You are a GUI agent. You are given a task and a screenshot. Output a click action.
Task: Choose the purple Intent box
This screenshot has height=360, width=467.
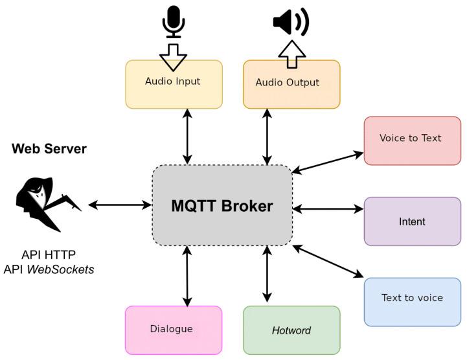pos(412,221)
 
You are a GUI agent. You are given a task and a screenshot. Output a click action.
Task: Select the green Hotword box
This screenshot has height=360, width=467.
pos(291,330)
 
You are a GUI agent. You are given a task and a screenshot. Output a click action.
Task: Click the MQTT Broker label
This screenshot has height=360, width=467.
pos(222,206)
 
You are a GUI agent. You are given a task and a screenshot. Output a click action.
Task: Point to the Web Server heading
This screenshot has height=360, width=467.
pos(49,150)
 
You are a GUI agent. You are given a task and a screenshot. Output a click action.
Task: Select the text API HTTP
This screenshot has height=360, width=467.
pos(49,254)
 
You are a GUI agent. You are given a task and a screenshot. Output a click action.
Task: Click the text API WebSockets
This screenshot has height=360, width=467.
pos(49,269)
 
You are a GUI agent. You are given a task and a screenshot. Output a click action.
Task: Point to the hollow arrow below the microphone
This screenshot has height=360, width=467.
pos(173,56)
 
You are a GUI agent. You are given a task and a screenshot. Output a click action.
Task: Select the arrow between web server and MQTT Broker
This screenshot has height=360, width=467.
pos(119,205)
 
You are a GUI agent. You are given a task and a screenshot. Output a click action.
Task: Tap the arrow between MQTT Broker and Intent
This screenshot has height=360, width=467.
pos(328,208)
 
